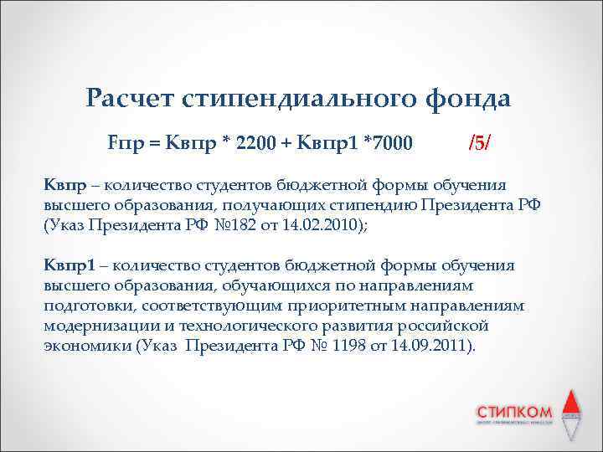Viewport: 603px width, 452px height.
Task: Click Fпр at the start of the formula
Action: point(123,144)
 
